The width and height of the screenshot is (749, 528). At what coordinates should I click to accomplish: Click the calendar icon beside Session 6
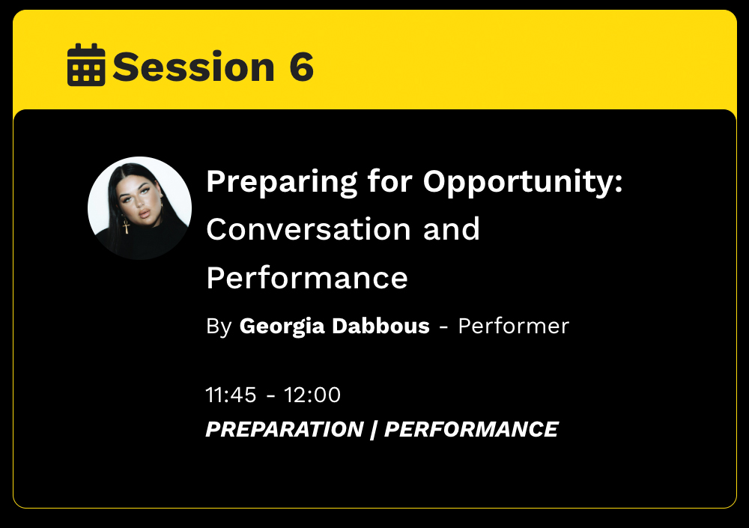86,64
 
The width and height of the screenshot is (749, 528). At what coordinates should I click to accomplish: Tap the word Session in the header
193,67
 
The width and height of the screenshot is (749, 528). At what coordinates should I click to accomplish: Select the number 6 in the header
301,67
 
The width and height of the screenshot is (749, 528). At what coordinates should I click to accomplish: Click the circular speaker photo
139,208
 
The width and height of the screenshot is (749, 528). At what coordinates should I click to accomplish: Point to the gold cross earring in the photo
126,226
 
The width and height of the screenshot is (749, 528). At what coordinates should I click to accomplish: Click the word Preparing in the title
282,183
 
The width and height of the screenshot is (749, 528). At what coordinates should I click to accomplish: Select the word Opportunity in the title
523,183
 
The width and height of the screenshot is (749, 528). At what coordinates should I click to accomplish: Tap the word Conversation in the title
309,229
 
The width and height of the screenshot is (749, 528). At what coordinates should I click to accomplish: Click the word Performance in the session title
307,278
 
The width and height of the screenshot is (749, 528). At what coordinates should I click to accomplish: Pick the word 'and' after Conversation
452,229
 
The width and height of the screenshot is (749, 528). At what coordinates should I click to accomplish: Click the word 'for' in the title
389,181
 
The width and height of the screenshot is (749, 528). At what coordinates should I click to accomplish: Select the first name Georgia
282,327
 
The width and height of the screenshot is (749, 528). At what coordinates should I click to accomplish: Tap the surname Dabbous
380,325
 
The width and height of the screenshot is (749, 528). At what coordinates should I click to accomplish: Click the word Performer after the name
514,326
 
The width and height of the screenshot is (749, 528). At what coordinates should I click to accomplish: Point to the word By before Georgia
219,327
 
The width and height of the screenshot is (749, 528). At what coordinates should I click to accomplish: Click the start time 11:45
231,395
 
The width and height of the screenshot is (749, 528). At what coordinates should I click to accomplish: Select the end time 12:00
312,395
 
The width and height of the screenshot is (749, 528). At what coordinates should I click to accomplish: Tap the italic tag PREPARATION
285,429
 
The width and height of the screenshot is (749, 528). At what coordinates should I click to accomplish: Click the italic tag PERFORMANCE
471,429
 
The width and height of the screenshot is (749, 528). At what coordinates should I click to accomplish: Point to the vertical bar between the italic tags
374,429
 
